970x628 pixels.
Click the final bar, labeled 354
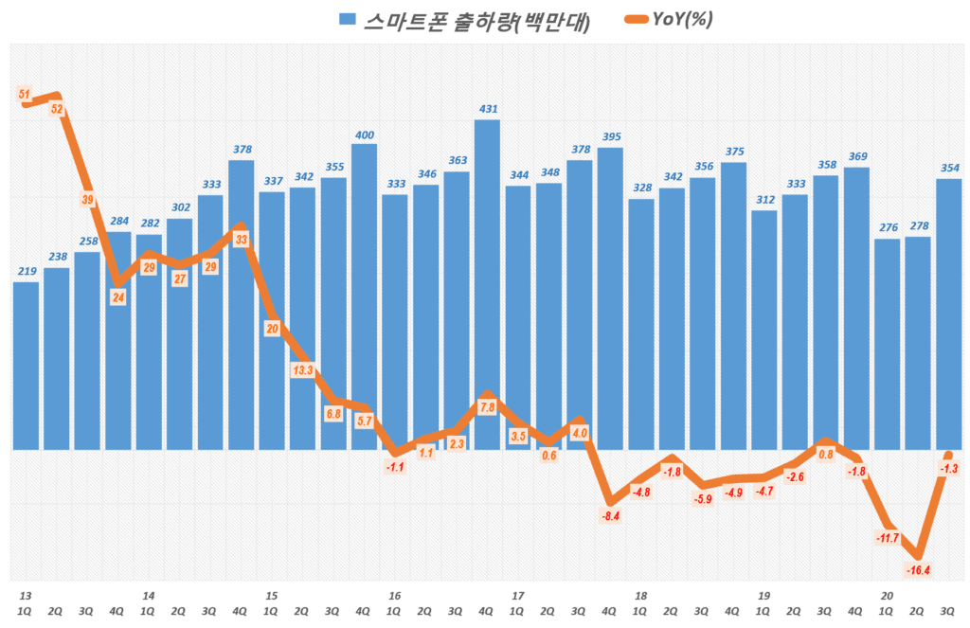click(x=948, y=313)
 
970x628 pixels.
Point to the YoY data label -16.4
click(x=917, y=569)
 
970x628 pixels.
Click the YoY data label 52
click(x=57, y=109)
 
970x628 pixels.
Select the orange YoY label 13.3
click(x=302, y=371)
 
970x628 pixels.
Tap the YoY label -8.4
click(x=610, y=515)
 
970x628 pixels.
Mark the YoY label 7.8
click(x=487, y=407)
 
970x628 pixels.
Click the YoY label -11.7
click(x=887, y=538)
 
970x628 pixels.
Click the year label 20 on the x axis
click(x=887, y=596)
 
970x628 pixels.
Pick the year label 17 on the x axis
click(x=517, y=596)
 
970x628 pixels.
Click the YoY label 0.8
click(x=825, y=454)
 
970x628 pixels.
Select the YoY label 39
click(x=87, y=200)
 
